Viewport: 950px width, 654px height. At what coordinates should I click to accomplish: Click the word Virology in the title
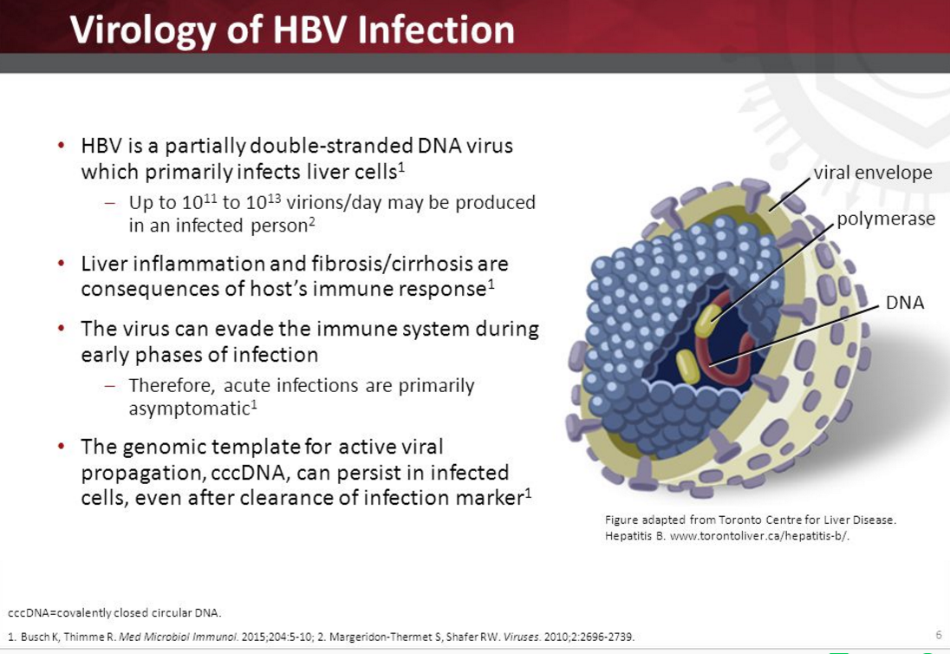142,30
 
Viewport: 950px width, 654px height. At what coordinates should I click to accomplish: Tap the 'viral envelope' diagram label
873,173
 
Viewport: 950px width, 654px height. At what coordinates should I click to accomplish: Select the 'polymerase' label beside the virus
886,219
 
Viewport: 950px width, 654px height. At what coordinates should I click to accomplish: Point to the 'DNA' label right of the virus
905,302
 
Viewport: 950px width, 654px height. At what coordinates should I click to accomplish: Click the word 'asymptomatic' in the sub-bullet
189,409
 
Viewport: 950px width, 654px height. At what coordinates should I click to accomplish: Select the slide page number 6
939,635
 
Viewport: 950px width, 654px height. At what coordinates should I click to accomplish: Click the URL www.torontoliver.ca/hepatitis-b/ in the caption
760,536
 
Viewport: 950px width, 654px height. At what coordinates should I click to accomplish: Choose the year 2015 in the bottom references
252,637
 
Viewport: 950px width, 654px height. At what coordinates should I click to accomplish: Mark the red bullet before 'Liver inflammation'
62,263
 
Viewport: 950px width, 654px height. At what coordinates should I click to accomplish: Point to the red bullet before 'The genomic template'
62,446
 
